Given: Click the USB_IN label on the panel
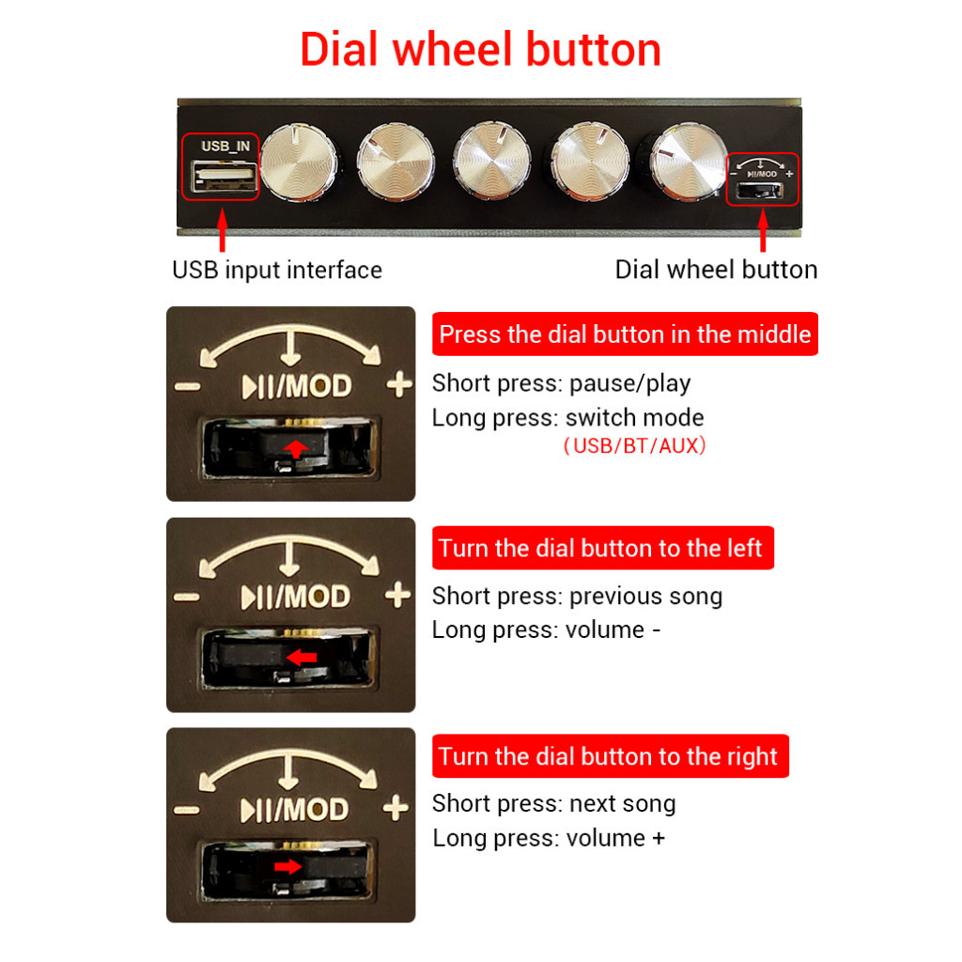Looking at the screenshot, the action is pyautogui.click(x=225, y=146).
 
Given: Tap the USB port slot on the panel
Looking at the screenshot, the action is pyautogui.click(x=224, y=175).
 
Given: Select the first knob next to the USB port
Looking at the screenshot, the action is pyautogui.click(x=299, y=162).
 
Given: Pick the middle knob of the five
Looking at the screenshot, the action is pyautogui.click(x=492, y=160).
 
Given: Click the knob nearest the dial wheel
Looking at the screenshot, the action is pyautogui.click(x=689, y=162).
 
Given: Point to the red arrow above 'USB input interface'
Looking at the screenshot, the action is pyautogui.click(x=222, y=230).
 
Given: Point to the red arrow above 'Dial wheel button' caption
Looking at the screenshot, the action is pyautogui.click(x=763, y=230).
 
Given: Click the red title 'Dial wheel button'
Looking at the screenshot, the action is pyautogui.click(x=480, y=50).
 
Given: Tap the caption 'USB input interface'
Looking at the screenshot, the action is pyautogui.click(x=277, y=270).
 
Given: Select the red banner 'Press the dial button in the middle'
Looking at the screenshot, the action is pyautogui.click(x=625, y=334).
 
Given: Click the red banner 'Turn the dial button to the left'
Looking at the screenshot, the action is pyautogui.click(x=602, y=548).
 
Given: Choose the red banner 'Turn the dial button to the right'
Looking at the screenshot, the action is pyautogui.click(x=610, y=756).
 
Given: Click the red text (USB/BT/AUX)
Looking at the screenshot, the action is pyautogui.click(x=634, y=445).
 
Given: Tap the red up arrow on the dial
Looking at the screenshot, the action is pyautogui.click(x=296, y=448).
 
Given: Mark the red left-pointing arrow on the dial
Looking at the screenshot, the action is pyautogui.click(x=302, y=657).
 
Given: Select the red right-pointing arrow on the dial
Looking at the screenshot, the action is pyautogui.click(x=287, y=866).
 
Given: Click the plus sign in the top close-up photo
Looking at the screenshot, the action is pyautogui.click(x=399, y=384).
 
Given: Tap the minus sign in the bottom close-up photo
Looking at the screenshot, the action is pyautogui.click(x=187, y=810).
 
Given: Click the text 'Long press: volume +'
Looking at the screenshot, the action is pyautogui.click(x=549, y=838).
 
